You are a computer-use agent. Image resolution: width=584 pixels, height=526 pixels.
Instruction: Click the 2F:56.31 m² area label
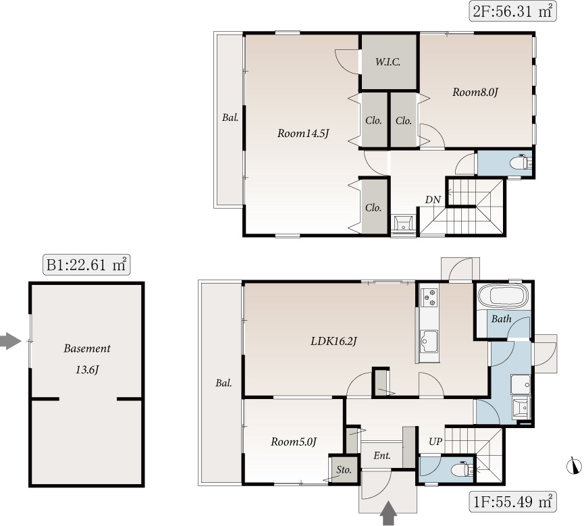512,11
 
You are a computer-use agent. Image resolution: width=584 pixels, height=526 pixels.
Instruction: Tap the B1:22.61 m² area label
86,265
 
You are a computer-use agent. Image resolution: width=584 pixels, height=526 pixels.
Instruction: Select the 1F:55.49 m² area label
512,502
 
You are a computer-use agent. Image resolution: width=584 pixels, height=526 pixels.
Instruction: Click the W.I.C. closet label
388,62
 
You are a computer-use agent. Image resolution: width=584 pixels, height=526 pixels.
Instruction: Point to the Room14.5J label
303,134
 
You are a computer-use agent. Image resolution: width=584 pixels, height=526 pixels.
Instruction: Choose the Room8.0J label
475,92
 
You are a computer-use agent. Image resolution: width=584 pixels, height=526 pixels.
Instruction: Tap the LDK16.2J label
334,341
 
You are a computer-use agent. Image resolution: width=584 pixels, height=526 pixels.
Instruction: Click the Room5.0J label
294,442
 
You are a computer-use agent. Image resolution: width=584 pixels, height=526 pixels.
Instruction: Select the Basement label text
87,348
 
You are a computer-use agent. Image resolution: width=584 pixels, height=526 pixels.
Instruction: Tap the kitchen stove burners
429,297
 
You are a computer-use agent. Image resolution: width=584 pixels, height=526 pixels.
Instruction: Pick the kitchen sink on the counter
429,341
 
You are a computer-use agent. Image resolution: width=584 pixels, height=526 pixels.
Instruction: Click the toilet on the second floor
521,163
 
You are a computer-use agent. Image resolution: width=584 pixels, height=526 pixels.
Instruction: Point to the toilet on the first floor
462,470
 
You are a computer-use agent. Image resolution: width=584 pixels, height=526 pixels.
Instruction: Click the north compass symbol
574,466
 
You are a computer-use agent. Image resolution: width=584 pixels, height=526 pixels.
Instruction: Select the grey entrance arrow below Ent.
388,513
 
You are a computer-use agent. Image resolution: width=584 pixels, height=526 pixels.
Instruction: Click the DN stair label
433,200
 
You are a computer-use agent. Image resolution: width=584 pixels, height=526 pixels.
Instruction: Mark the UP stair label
435,442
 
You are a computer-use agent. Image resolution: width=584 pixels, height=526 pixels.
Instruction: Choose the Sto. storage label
344,470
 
